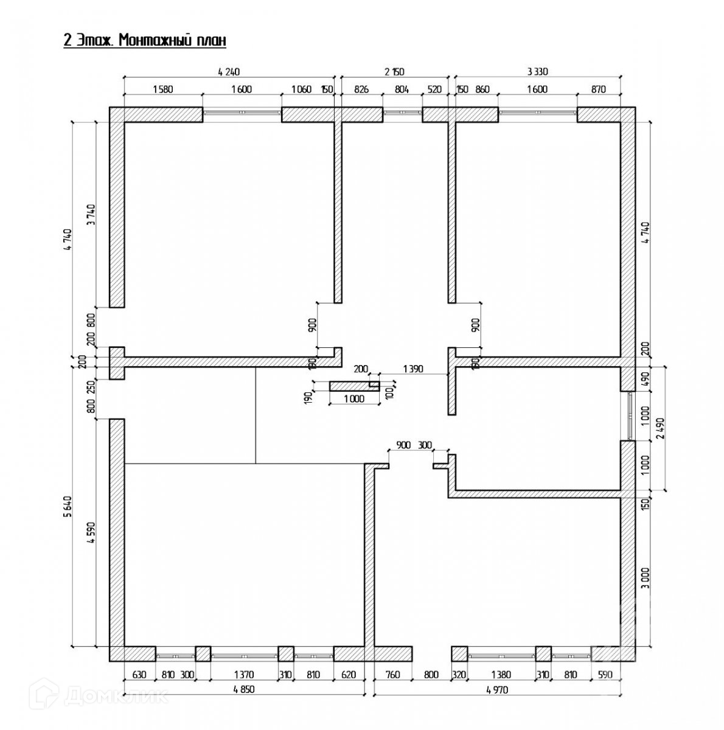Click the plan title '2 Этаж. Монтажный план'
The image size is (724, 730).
point(145,41)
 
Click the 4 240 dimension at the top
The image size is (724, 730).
point(229,72)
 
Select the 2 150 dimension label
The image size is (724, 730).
point(394,72)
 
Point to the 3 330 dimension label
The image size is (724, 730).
point(538,72)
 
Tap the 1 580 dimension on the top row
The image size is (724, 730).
point(162,89)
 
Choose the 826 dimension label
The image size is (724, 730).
point(361,89)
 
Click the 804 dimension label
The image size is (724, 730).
point(402,89)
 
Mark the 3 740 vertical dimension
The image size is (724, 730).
point(91,215)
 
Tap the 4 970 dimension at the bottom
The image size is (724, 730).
point(498,689)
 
